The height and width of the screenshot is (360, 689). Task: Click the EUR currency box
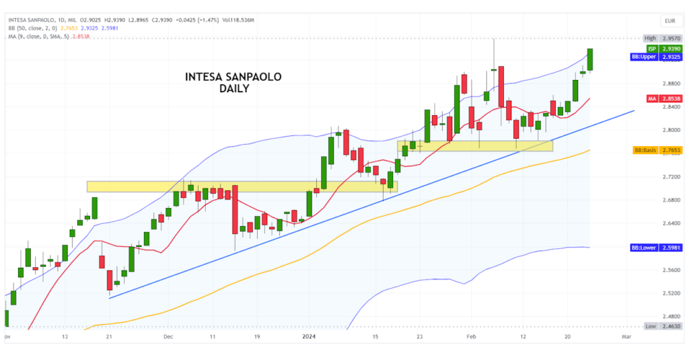click(669, 21)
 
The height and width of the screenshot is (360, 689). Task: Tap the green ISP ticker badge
click(651, 48)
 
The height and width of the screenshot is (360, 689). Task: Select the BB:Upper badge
click(643, 58)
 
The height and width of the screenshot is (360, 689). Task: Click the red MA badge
click(651, 99)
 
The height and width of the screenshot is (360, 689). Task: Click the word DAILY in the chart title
click(234, 89)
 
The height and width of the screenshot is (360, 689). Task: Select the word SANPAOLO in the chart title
click(250, 77)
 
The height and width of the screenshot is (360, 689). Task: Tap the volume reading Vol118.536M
click(232, 20)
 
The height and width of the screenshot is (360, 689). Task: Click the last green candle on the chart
click(590, 59)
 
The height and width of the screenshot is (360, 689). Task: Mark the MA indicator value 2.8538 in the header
click(80, 36)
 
